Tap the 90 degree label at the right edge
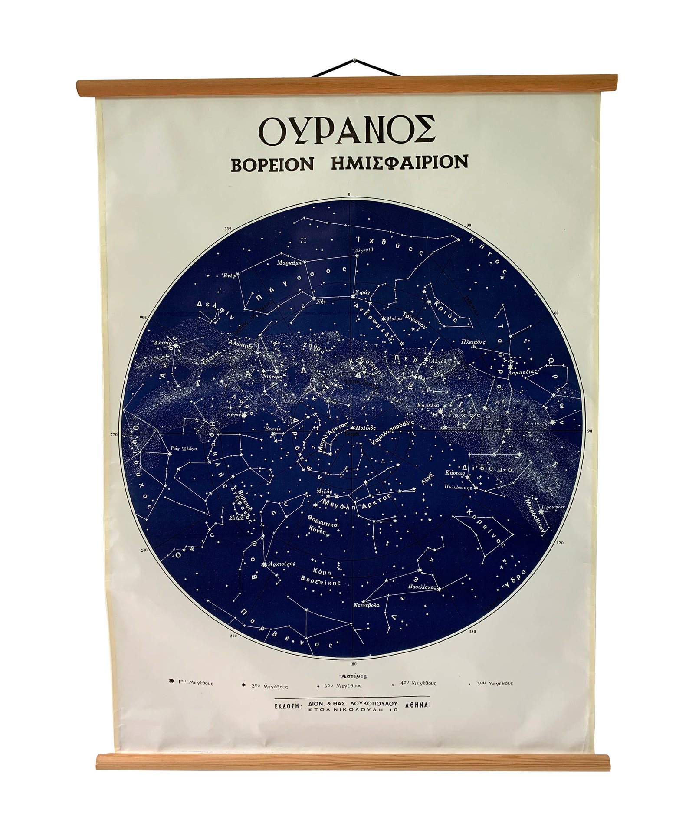pyautogui.click(x=589, y=431)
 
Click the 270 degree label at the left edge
pyautogui.click(x=114, y=434)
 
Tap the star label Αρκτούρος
pyautogui.click(x=282, y=564)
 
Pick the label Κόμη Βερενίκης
pyautogui.click(x=322, y=577)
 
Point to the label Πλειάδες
pyautogui.click(x=473, y=341)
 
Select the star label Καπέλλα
pyautogui.click(x=426, y=404)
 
